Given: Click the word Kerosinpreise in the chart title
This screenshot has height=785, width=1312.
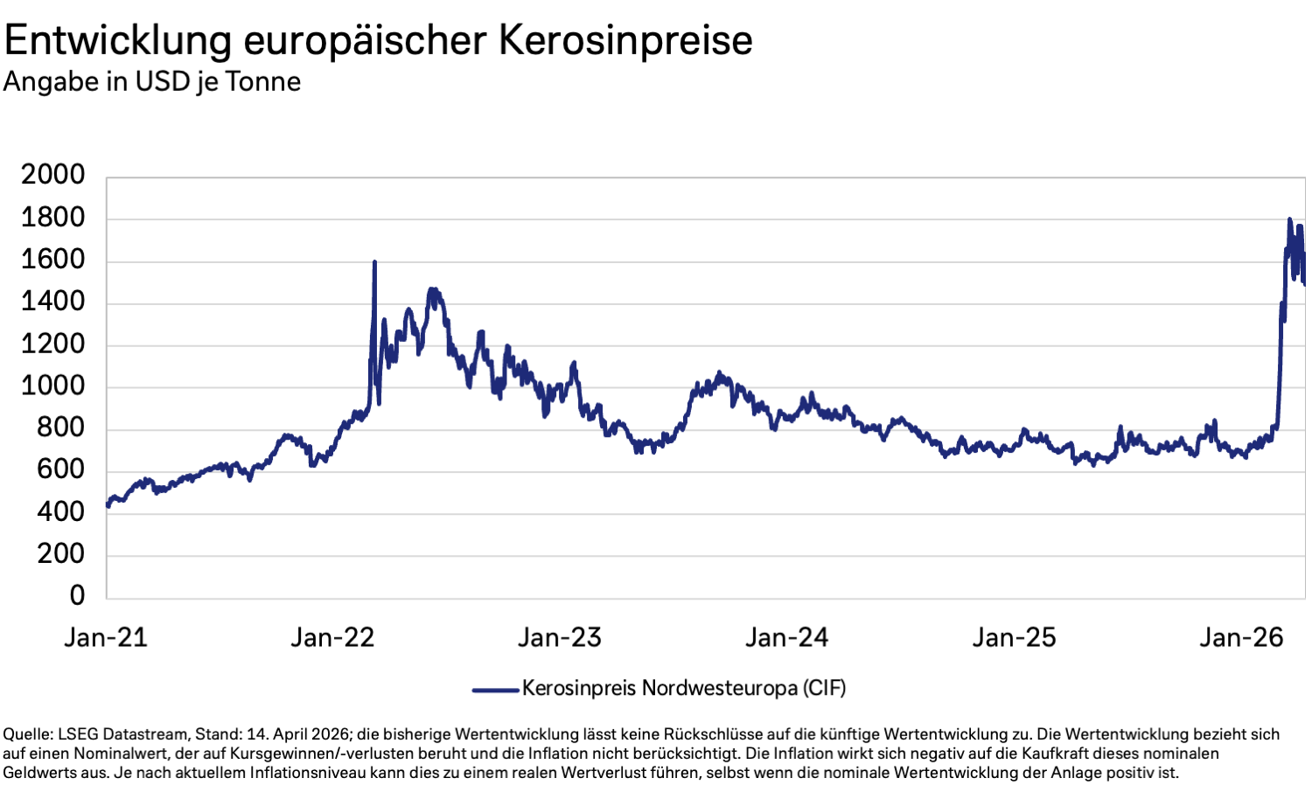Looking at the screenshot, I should click(625, 40).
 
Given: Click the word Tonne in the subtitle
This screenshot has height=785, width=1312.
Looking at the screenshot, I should click(262, 81).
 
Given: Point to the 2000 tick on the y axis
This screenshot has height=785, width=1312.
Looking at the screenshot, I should click(53, 175).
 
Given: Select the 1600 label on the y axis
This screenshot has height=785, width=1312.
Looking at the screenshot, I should click(53, 260).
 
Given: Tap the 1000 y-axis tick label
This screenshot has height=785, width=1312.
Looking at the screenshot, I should click(53, 386).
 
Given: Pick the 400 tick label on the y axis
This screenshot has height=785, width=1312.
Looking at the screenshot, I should click(61, 512).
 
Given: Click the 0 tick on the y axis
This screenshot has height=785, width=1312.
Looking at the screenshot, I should click(77, 596).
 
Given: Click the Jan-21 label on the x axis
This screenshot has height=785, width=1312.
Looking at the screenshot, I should click(106, 638).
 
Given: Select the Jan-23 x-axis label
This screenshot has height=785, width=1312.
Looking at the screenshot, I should click(560, 638).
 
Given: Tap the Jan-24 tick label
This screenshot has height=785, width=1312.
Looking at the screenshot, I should click(786, 638).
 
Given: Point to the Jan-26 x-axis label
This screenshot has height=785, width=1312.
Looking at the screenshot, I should click(1241, 638).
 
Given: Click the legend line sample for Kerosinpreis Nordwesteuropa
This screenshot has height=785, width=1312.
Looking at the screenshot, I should click(495, 690).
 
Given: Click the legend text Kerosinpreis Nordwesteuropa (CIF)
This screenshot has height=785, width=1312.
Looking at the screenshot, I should click(684, 689).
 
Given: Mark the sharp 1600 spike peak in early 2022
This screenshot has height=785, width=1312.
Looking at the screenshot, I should click(374, 261).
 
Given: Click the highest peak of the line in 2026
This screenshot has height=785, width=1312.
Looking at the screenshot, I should click(1289, 219).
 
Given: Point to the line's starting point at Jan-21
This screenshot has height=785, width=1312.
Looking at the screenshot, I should click(108, 505).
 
